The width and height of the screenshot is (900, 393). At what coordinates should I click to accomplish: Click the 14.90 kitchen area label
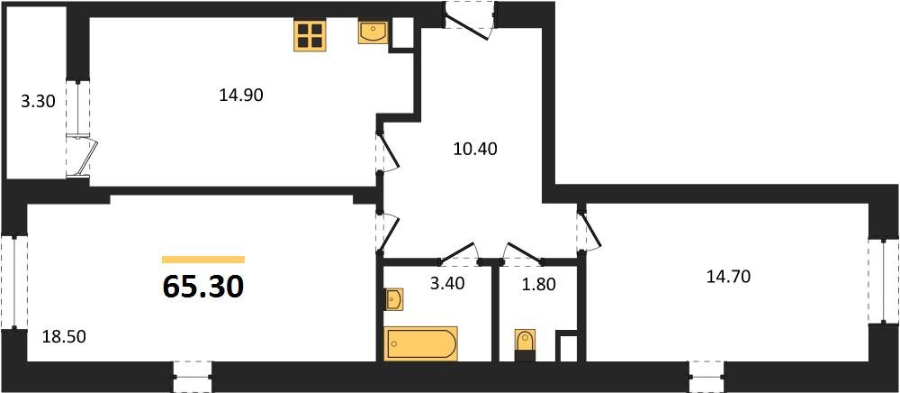[x=241, y=96]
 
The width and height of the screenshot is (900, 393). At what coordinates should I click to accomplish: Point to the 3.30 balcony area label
[x=38, y=102]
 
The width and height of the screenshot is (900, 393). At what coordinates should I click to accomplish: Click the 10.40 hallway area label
[x=474, y=150]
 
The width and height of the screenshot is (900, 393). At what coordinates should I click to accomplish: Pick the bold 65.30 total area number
[x=203, y=286]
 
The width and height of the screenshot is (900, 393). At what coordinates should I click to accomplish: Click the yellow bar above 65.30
[x=203, y=259]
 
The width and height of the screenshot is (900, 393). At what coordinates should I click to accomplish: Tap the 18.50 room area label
[x=64, y=337]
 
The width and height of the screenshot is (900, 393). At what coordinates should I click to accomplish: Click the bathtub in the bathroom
[x=420, y=343]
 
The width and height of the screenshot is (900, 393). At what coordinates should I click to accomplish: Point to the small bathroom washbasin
[x=393, y=299]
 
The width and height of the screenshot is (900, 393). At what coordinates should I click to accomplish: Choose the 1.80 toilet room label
[x=539, y=285]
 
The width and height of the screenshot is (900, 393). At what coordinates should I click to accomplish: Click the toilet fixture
[x=525, y=344]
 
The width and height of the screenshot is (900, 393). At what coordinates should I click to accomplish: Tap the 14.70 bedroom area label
[x=729, y=278]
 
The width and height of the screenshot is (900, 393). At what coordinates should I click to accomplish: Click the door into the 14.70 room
[x=589, y=229]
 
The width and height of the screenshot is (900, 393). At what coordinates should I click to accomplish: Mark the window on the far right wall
[x=884, y=281]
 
